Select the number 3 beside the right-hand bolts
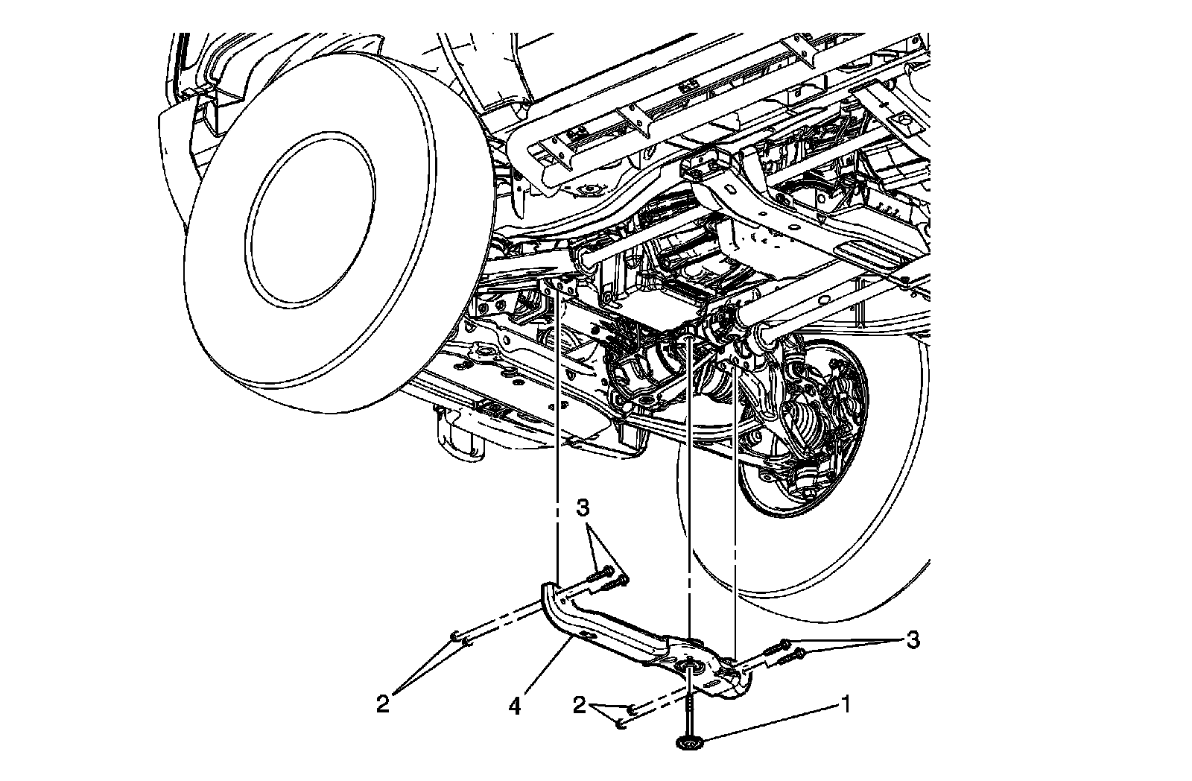[x=912, y=639]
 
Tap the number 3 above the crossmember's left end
[x=583, y=508]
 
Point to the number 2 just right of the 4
[x=580, y=705]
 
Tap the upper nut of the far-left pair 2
[x=454, y=635]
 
